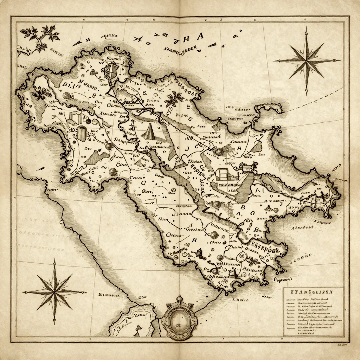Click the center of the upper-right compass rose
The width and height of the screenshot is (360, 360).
click(x=307, y=61)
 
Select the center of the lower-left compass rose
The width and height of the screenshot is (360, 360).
click(x=54, y=291)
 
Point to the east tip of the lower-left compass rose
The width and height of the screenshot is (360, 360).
click(x=85, y=291)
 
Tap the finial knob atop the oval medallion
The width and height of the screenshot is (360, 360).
click(x=179, y=298)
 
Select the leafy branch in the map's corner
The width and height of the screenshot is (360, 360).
click(x=39, y=37)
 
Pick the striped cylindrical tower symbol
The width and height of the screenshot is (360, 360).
click(x=81, y=133)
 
